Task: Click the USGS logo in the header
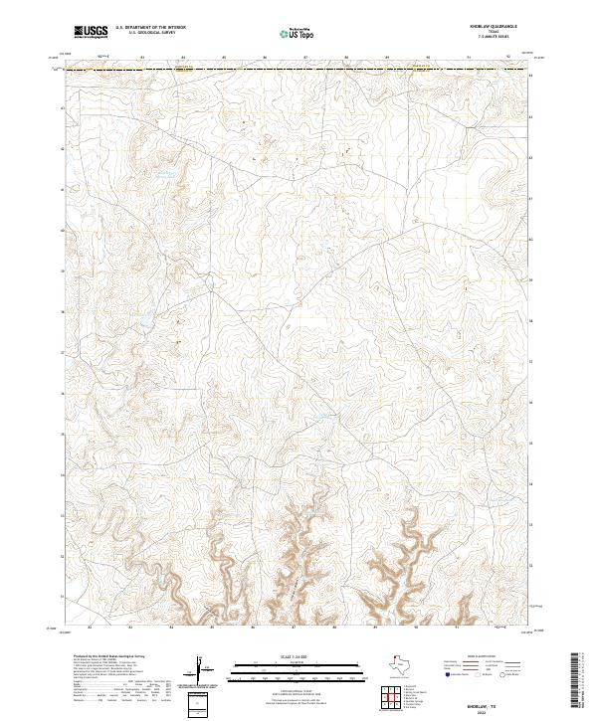[92, 32]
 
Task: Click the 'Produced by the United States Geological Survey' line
[109, 657]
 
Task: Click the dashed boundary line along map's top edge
[298, 70]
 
